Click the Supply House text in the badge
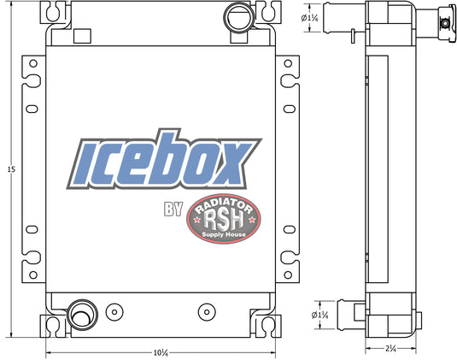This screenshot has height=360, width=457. pos(223,239)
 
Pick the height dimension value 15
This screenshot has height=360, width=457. pos(11,170)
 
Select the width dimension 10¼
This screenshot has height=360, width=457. pos(161,351)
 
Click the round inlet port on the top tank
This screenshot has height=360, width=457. pos(235,17)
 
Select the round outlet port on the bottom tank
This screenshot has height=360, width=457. pos(81,315)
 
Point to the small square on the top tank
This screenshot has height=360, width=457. pos(82,36)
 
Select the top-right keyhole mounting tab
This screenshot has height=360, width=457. pos(269,11)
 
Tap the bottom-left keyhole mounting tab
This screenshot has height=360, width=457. pos(56,325)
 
